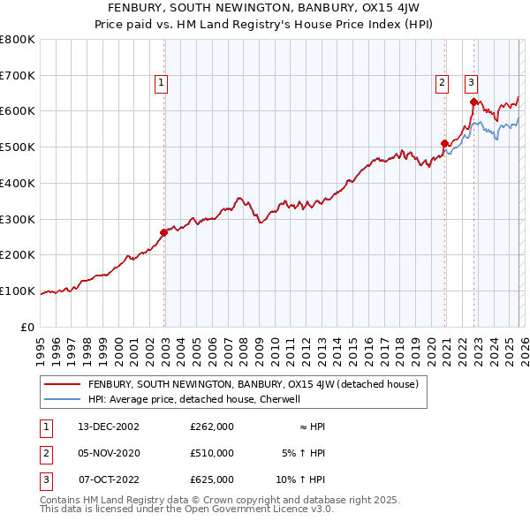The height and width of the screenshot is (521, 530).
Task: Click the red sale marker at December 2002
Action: [x=164, y=233]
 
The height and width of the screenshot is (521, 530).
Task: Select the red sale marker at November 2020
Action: [x=444, y=143]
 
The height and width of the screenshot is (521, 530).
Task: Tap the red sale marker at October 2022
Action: [x=473, y=102]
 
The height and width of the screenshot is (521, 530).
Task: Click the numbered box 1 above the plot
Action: [x=163, y=84]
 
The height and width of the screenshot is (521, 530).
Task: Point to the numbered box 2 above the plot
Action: [x=441, y=84]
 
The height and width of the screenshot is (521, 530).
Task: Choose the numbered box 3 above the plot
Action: [x=471, y=84]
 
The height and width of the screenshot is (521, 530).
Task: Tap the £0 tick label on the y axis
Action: [x=28, y=327]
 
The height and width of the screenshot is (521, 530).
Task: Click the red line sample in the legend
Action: [x=62, y=384]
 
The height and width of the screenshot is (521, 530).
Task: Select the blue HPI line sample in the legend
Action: [x=62, y=399]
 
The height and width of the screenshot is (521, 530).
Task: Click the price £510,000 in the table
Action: [x=212, y=453]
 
